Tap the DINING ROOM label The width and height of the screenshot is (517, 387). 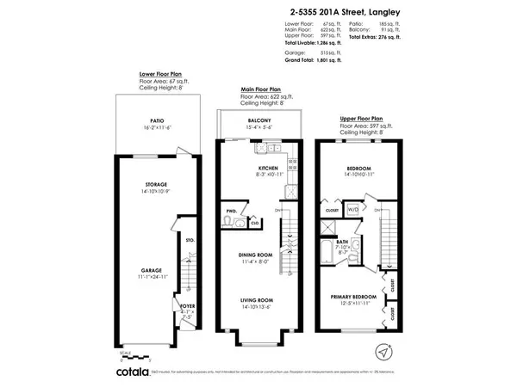tap(256, 255)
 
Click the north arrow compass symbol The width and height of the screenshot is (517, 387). tap(383, 351)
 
